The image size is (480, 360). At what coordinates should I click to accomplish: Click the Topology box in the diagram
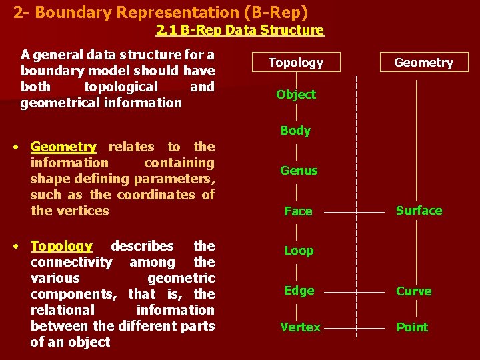(295, 63)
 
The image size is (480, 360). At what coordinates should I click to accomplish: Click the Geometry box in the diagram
(423, 63)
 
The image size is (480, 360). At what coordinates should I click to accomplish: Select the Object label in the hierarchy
(296, 95)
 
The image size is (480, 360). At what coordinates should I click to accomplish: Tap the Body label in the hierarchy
(295, 131)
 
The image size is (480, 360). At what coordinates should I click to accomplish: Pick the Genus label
(299, 171)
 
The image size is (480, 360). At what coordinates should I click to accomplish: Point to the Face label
(298, 211)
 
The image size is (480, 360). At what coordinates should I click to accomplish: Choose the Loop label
(299, 251)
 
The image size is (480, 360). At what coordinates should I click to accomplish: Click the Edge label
(299, 291)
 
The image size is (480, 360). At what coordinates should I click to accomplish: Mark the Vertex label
(300, 327)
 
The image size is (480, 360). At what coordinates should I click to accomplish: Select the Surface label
(419, 211)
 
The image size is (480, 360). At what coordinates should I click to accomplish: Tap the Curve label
(414, 291)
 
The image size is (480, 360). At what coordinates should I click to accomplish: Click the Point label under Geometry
(412, 327)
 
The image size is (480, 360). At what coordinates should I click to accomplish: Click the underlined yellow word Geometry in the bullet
(63, 147)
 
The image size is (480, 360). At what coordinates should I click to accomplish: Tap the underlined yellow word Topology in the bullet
(61, 247)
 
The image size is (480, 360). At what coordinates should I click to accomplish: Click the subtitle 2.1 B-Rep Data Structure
(240, 30)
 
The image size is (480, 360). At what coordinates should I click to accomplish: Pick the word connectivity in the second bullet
(71, 262)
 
